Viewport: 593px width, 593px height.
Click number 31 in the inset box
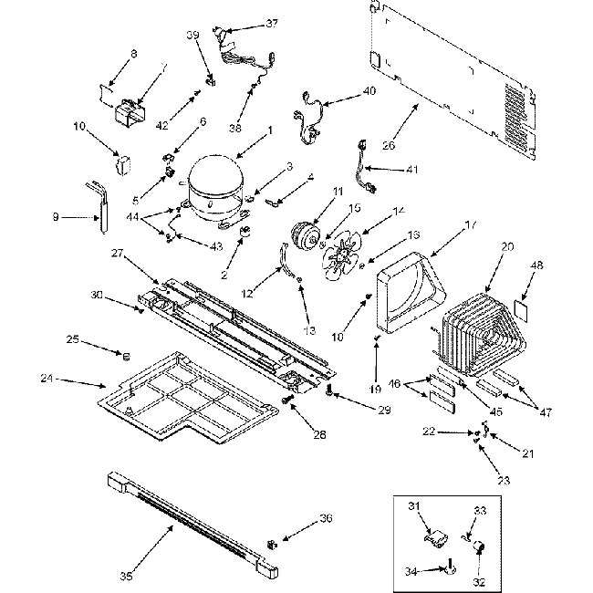click(411, 507)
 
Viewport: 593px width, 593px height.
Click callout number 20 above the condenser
click(507, 245)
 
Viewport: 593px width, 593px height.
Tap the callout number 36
click(300, 519)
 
